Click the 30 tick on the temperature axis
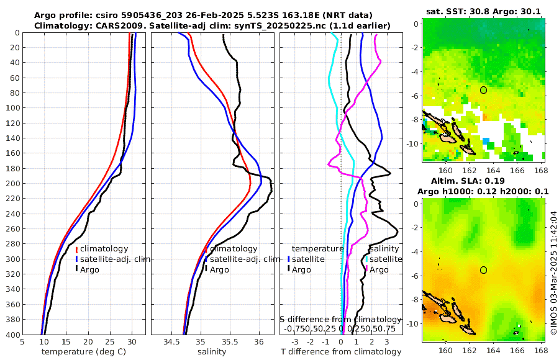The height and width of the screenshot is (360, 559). [x=132, y=341]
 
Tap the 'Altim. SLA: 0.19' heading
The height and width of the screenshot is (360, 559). [x=484, y=181]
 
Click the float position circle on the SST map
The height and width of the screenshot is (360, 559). [x=483, y=90]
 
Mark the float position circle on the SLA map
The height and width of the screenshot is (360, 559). [x=483, y=270]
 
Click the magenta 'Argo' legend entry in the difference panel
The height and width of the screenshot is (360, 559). [x=379, y=270]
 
